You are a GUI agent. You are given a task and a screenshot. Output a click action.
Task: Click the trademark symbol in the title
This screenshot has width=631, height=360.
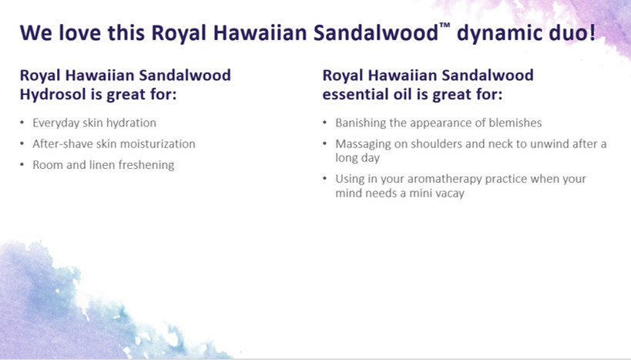(445, 25)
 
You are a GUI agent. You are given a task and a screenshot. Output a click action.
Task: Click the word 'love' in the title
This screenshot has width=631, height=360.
(79, 32)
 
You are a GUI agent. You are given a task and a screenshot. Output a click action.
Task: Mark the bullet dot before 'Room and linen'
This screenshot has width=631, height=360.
(22, 165)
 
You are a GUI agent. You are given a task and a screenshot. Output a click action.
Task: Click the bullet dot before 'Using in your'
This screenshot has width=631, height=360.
(325, 178)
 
